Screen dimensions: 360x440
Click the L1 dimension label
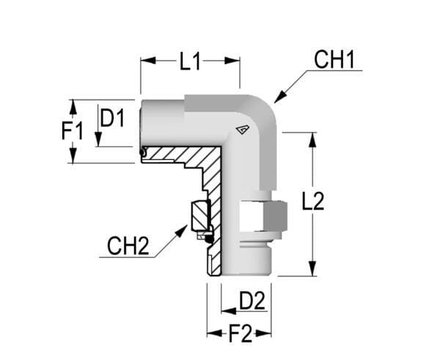coord(190,62)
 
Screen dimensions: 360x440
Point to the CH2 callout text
coord(128,246)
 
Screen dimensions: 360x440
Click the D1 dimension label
coord(112,118)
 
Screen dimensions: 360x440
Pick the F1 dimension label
coord(72,132)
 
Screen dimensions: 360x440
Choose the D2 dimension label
coord(252,301)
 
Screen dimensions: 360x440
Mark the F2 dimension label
coord(240,334)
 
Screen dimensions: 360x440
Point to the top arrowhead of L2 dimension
coord(313,139)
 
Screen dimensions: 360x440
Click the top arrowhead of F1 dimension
coord(72,105)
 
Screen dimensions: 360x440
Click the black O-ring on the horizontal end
coord(142,153)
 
